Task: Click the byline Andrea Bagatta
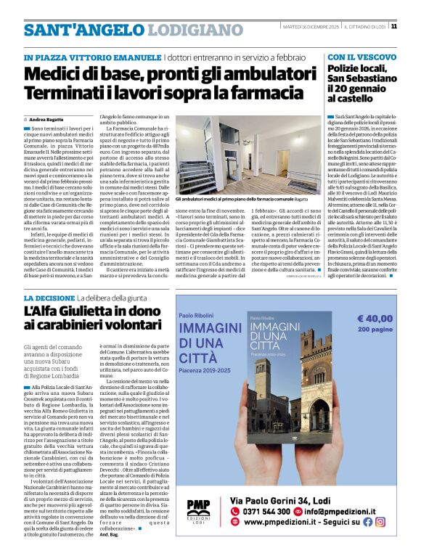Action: (46, 118)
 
